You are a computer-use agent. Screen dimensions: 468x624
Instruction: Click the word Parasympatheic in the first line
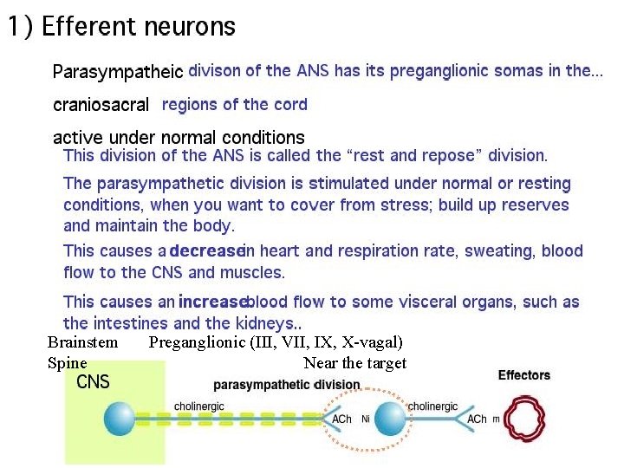[118, 72]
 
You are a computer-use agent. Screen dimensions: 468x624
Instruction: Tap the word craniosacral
[101, 106]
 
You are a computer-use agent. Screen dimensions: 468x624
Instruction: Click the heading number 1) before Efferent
[21, 26]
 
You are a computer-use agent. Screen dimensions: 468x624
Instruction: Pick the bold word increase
[212, 302]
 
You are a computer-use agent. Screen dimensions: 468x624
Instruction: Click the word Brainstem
[82, 342]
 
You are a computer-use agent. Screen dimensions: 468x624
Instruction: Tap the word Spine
[67, 363]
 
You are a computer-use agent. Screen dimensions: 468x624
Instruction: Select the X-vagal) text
[372, 342]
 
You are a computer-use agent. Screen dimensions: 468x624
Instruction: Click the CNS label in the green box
[94, 382]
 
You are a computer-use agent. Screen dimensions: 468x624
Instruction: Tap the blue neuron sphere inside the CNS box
[119, 419]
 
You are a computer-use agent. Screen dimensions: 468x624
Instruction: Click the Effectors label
[523, 375]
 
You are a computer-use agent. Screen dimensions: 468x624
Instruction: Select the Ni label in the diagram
[365, 420]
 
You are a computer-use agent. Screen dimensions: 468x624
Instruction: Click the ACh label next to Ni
[341, 420]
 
